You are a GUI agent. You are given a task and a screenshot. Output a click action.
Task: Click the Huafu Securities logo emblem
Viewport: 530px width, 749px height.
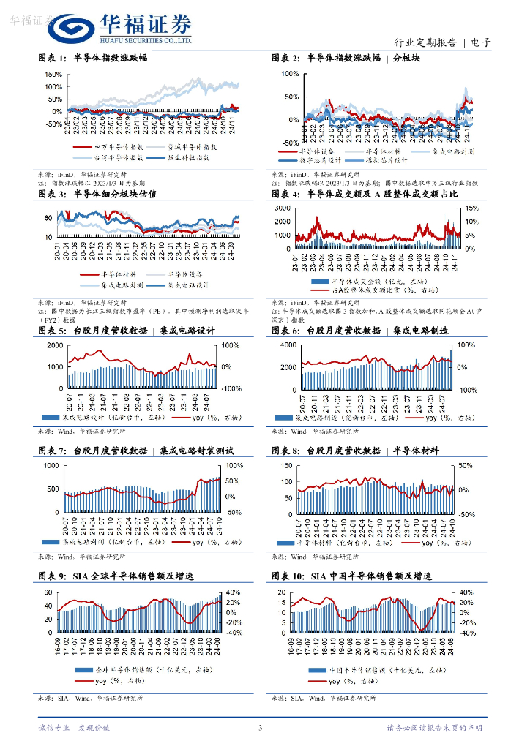69,28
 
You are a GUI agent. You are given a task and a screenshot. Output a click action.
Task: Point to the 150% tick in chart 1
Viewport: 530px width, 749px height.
53,74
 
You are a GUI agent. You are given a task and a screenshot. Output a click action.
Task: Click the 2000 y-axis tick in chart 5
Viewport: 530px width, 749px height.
53,345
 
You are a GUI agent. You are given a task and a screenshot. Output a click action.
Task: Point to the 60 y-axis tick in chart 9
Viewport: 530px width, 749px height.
48,592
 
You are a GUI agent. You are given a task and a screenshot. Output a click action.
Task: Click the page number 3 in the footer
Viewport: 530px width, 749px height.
260,728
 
